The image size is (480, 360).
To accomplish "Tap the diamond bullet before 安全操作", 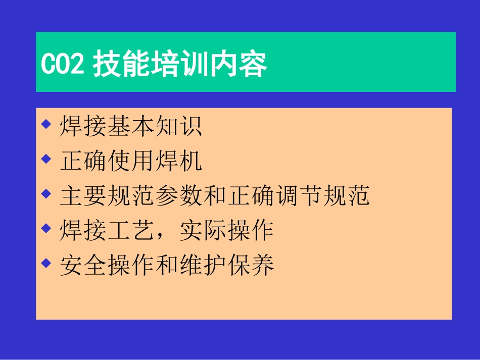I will coord(46,263).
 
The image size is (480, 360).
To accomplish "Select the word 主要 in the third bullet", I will coord(84,196).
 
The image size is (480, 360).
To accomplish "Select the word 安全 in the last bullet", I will coord(84,265).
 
